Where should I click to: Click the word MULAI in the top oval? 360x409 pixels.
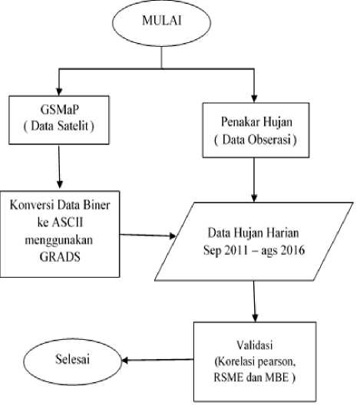[x=162, y=21]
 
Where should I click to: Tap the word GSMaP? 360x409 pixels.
[x=59, y=110]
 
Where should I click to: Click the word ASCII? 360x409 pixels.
[x=68, y=223]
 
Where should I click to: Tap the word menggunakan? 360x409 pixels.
[x=59, y=240]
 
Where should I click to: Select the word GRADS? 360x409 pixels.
[x=60, y=256]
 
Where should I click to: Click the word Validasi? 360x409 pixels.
[x=255, y=345]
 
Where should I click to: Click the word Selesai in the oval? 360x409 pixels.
[x=72, y=359]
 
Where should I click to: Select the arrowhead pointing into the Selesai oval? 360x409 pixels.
[x=124, y=361]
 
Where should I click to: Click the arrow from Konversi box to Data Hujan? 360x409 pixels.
[x=147, y=236]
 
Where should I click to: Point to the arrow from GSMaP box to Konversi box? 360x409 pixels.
[x=59, y=167]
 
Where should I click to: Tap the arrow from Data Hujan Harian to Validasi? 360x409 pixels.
[x=255, y=302]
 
